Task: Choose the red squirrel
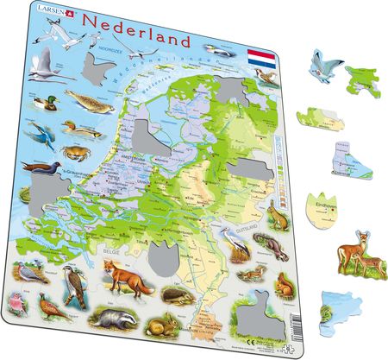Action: point(281,287)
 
